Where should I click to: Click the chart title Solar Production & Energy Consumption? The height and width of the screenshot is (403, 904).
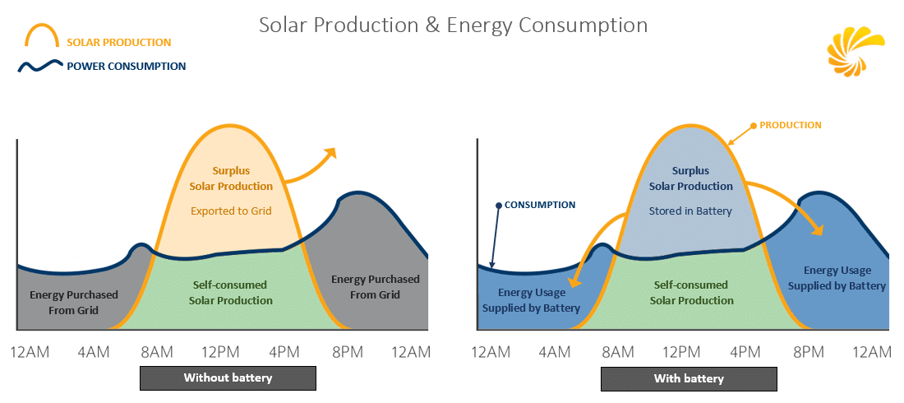coord(453,25)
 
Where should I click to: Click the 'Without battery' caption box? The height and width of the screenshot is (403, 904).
coord(228,378)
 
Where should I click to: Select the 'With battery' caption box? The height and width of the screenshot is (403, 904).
coord(689,378)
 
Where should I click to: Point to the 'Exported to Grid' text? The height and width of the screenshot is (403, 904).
coord(231,211)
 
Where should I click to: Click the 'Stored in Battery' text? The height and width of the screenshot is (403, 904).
coord(690,211)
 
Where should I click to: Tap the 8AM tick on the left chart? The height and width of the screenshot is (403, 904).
coord(157,353)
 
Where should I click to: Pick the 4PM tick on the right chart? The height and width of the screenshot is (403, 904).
coord(745,353)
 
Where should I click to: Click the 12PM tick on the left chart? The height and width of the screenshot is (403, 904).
coord(219,353)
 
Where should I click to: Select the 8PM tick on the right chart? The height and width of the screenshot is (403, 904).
coord(809,353)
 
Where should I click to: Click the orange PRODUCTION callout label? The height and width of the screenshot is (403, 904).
coord(790,125)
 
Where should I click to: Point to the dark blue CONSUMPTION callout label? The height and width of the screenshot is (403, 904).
coord(539,204)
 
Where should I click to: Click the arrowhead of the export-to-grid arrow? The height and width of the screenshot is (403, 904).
coord(331,151)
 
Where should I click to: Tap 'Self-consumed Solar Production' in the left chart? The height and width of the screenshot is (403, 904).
coord(231,293)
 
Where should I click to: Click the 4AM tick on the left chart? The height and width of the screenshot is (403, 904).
coord(94,353)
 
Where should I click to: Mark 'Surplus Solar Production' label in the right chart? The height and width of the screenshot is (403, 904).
coord(691,178)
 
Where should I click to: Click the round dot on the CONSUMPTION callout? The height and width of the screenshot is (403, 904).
coord(498,204)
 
